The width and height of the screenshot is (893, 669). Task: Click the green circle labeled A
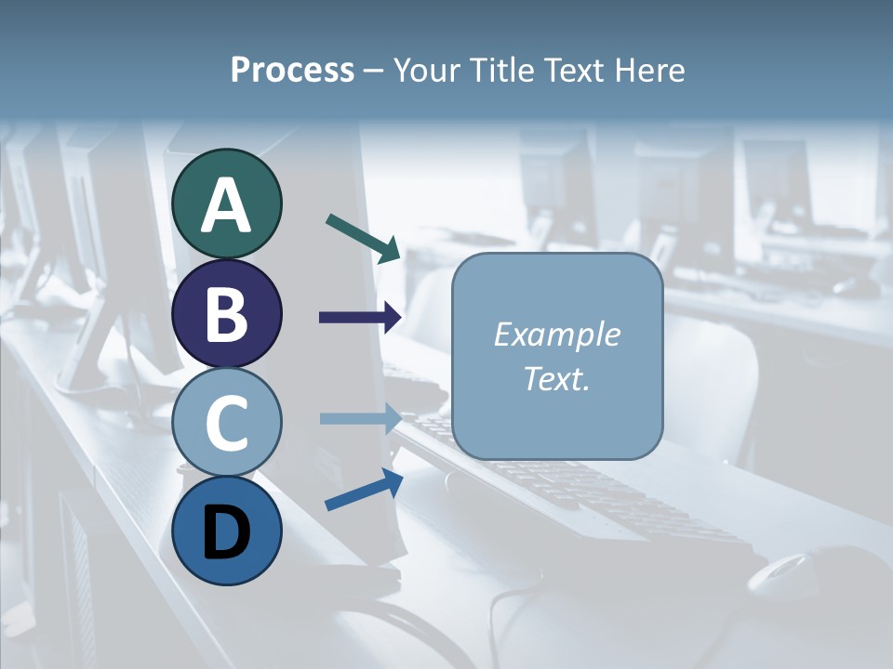coord(226,203)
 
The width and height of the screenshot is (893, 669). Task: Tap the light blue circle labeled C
coord(226,422)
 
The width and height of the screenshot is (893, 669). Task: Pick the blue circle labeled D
coord(226,531)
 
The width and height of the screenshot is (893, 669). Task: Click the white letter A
coord(226,205)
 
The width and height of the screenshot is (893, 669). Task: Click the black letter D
coord(226,532)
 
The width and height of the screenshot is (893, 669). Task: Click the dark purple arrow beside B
coord(360,318)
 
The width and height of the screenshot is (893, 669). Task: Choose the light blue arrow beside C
coord(360,418)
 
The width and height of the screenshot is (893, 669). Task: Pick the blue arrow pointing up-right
coord(364,490)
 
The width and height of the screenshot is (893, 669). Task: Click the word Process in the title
coord(292,71)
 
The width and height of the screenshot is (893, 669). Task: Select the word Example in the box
coord(556,334)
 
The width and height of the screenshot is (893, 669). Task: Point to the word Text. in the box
coord(556,378)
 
